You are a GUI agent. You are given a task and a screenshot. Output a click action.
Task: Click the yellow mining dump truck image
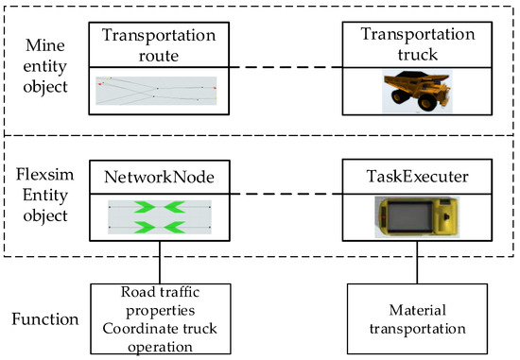point(420,92)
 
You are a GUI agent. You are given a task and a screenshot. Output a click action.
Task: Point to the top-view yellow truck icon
point(418,216)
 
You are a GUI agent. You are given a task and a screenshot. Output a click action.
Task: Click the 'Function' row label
point(45,319)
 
